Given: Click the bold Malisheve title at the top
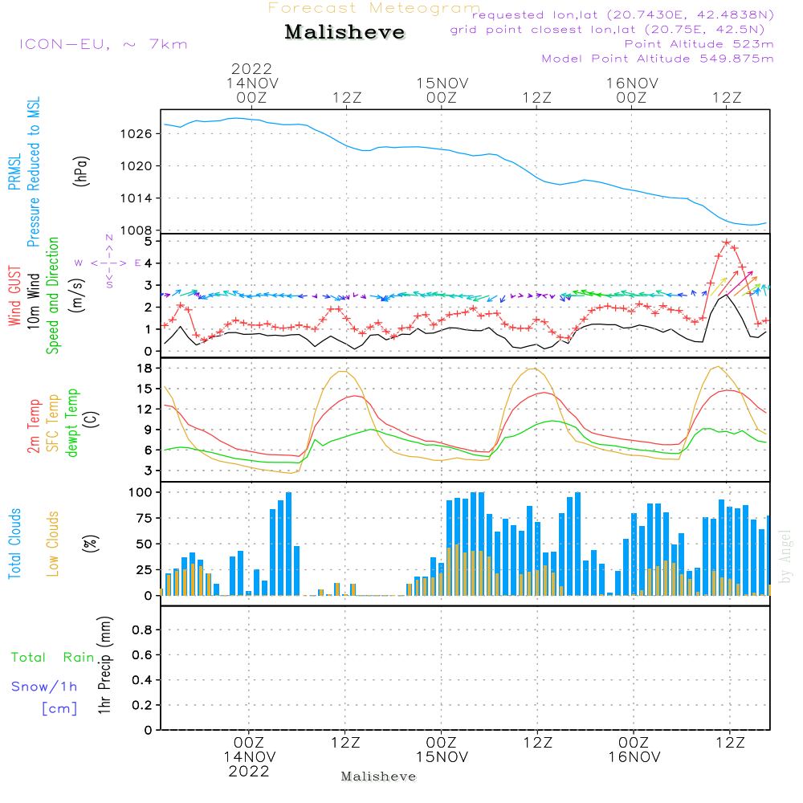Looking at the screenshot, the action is pyautogui.click(x=344, y=32).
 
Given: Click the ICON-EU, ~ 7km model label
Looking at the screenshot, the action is pyautogui.click(x=104, y=44).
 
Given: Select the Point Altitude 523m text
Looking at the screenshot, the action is pyautogui.click(x=699, y=44).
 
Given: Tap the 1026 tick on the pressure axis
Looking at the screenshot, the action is pyautogui.click(x=137, y=134).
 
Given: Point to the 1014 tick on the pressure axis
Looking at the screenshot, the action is pyautogui.click(x=137, y=198).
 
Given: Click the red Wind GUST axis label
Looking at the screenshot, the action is pyautogui.click(x=14, y=296).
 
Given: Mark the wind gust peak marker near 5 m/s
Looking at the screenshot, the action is pyautogui.click(x=727, y=243).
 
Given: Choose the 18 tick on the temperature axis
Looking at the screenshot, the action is pyautogui.click(x=145, y=369).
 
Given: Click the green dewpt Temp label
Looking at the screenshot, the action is pyautogui.click(x=71, y=422).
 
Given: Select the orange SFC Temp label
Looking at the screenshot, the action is pyautogui.click(x=53, y=423).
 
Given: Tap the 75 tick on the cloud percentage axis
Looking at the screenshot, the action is pyautogui.click(x=144, y=518).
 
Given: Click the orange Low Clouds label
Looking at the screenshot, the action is pyautogui.click(x=53, y=544).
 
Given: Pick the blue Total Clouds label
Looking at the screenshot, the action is pyautogui.click(x=14, y=544).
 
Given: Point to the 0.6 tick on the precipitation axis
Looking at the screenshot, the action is pyautogui.click(x=142, y=655).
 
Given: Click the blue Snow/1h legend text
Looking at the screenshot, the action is pyautogui.click(x=44, y=687).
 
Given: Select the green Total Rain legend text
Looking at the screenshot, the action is pyautogui.click(x=53, y=658).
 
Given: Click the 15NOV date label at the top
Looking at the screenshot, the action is pyautogui.click(x=442, y=84).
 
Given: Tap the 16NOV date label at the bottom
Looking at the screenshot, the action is pyautogui.click(x=634, y=757).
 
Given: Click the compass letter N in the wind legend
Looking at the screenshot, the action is pyautogui.click(x=109, y=238).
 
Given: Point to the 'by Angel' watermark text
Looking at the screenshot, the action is pyautogui.click(x=785, y=556).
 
